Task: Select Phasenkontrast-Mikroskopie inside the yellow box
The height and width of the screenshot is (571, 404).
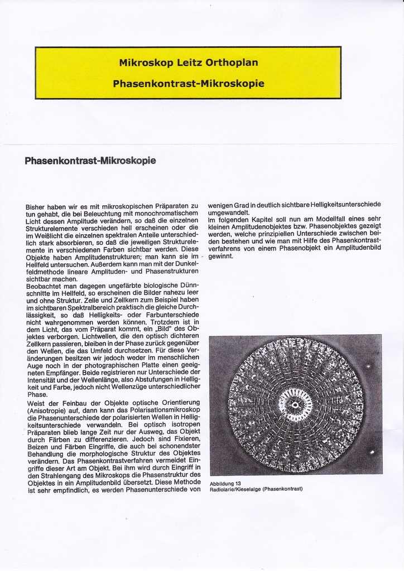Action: (188, 84)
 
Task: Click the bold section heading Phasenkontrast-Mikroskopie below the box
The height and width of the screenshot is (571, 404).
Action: (90, 161)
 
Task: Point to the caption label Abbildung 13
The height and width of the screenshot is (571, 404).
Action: (225, 483)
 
